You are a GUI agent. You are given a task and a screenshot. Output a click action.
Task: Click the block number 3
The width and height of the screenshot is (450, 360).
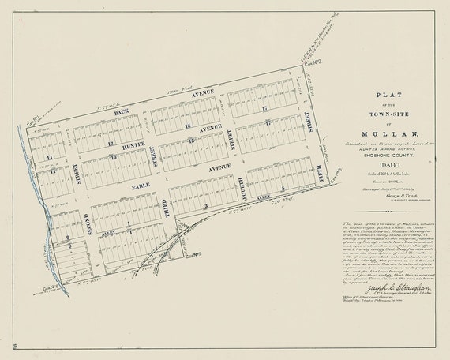click(x=205, y=206)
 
